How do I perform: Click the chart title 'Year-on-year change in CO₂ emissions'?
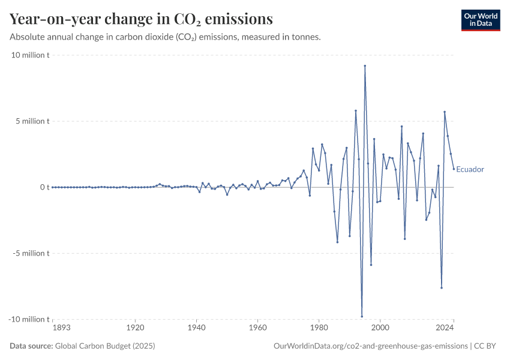[141, 19]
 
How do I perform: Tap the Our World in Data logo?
[480, 20]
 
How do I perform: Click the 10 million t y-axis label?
[30, 55]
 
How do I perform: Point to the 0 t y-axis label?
[44, 187]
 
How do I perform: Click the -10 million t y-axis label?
[29, 319]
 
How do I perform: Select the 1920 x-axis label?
[135, 328]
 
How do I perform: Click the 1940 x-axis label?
[196, 328]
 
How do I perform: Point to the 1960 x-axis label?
[257, 328]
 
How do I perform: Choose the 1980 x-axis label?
[319, 328]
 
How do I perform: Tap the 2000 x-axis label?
[380, 328]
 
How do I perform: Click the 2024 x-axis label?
[445, 328]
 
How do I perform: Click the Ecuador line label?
[470, 169]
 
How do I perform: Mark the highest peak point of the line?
[365, 65]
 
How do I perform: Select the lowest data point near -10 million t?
[362, 316]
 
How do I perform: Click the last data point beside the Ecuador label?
[454, 169]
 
